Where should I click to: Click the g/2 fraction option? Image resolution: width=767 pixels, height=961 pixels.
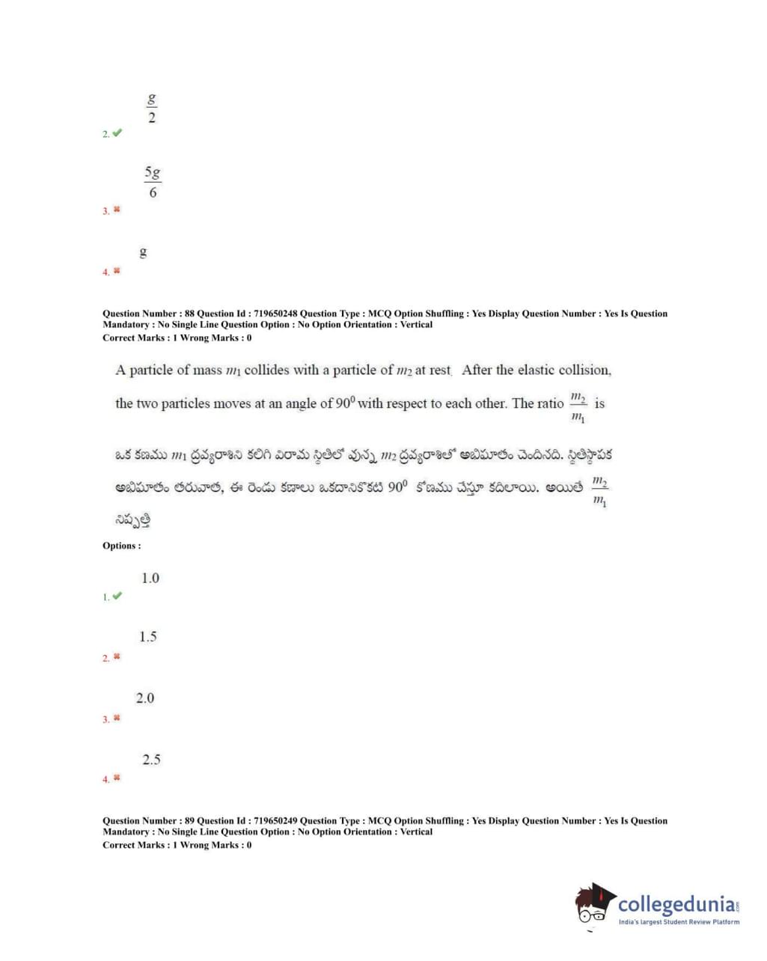pos(152,109)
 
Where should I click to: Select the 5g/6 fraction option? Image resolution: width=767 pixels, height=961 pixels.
pos(153,183)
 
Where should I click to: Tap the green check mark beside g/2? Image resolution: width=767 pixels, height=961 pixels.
pos(117,133)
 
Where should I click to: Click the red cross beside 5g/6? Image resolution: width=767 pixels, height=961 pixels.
pos(117,210)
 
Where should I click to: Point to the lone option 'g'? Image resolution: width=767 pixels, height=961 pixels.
pos(144,253)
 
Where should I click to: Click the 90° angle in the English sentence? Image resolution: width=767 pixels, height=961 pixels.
pos(344,403)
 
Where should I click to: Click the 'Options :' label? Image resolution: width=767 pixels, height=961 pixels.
pos(121,546)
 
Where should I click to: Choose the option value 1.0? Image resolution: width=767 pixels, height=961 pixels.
pos(150,578)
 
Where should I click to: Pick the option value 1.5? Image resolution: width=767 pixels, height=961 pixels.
pos(148,637)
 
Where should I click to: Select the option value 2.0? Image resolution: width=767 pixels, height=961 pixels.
pos(145,698)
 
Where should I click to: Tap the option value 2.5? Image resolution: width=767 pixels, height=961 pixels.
pos(151,760)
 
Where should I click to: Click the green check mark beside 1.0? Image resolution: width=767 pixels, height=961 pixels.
pos(117,596)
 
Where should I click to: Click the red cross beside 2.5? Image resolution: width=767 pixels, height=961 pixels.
pos(117,778)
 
